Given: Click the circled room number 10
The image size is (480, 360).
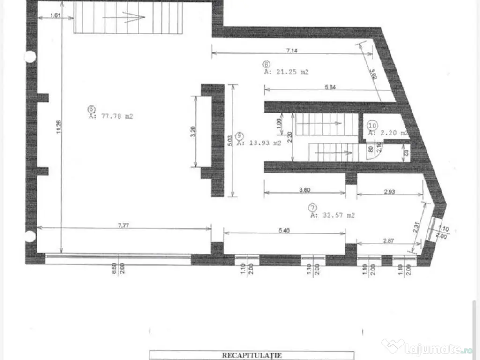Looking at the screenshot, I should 373,125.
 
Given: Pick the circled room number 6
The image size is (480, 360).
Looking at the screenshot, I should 90,109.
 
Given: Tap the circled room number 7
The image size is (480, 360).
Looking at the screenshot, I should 312,207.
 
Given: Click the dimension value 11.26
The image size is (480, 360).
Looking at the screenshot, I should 58,128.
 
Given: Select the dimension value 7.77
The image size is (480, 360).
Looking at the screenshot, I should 123,225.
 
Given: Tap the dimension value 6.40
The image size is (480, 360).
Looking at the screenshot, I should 284,230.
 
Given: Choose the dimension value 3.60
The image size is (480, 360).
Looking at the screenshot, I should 304,190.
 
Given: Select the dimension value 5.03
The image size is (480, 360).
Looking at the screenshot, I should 229,141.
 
